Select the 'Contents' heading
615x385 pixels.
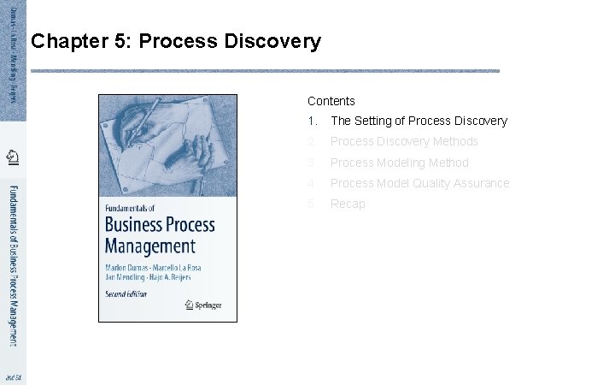331,101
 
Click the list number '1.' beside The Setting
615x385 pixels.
313,121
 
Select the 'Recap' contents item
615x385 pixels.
348,204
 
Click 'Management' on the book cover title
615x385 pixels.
150,246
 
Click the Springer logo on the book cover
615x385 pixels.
205,303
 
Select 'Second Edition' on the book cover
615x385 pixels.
126,293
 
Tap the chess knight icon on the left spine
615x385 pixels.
13,157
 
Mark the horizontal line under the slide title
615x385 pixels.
265,71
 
